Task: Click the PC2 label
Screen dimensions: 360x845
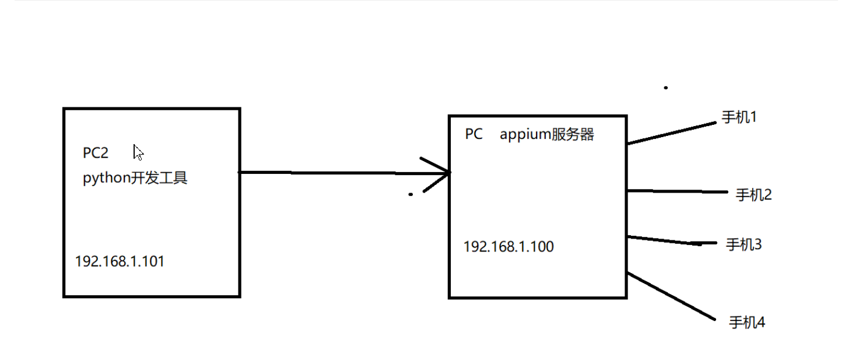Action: coord(96,153)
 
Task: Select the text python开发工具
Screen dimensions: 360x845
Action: coord(135,178)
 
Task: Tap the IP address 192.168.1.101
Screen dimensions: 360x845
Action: coord(120,261)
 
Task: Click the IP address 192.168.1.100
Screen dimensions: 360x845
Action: coord(509,247)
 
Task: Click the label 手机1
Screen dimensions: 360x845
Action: coord(739,117)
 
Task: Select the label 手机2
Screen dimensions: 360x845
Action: coord(753,195)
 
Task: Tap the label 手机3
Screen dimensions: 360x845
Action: coord(744,244)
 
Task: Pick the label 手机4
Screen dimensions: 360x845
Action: coord(746,322)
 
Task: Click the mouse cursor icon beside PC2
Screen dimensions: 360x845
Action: coord(138,153)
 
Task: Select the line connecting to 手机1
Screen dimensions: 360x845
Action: coord(671,133)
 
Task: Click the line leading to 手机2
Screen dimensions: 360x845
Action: coord(676,191)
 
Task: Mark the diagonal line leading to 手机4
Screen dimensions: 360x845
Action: coord(671,296)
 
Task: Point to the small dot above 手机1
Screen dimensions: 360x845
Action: coord(666,88)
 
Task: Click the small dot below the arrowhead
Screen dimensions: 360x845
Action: coord(411,194)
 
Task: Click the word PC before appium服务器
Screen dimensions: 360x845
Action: coord(474,135)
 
